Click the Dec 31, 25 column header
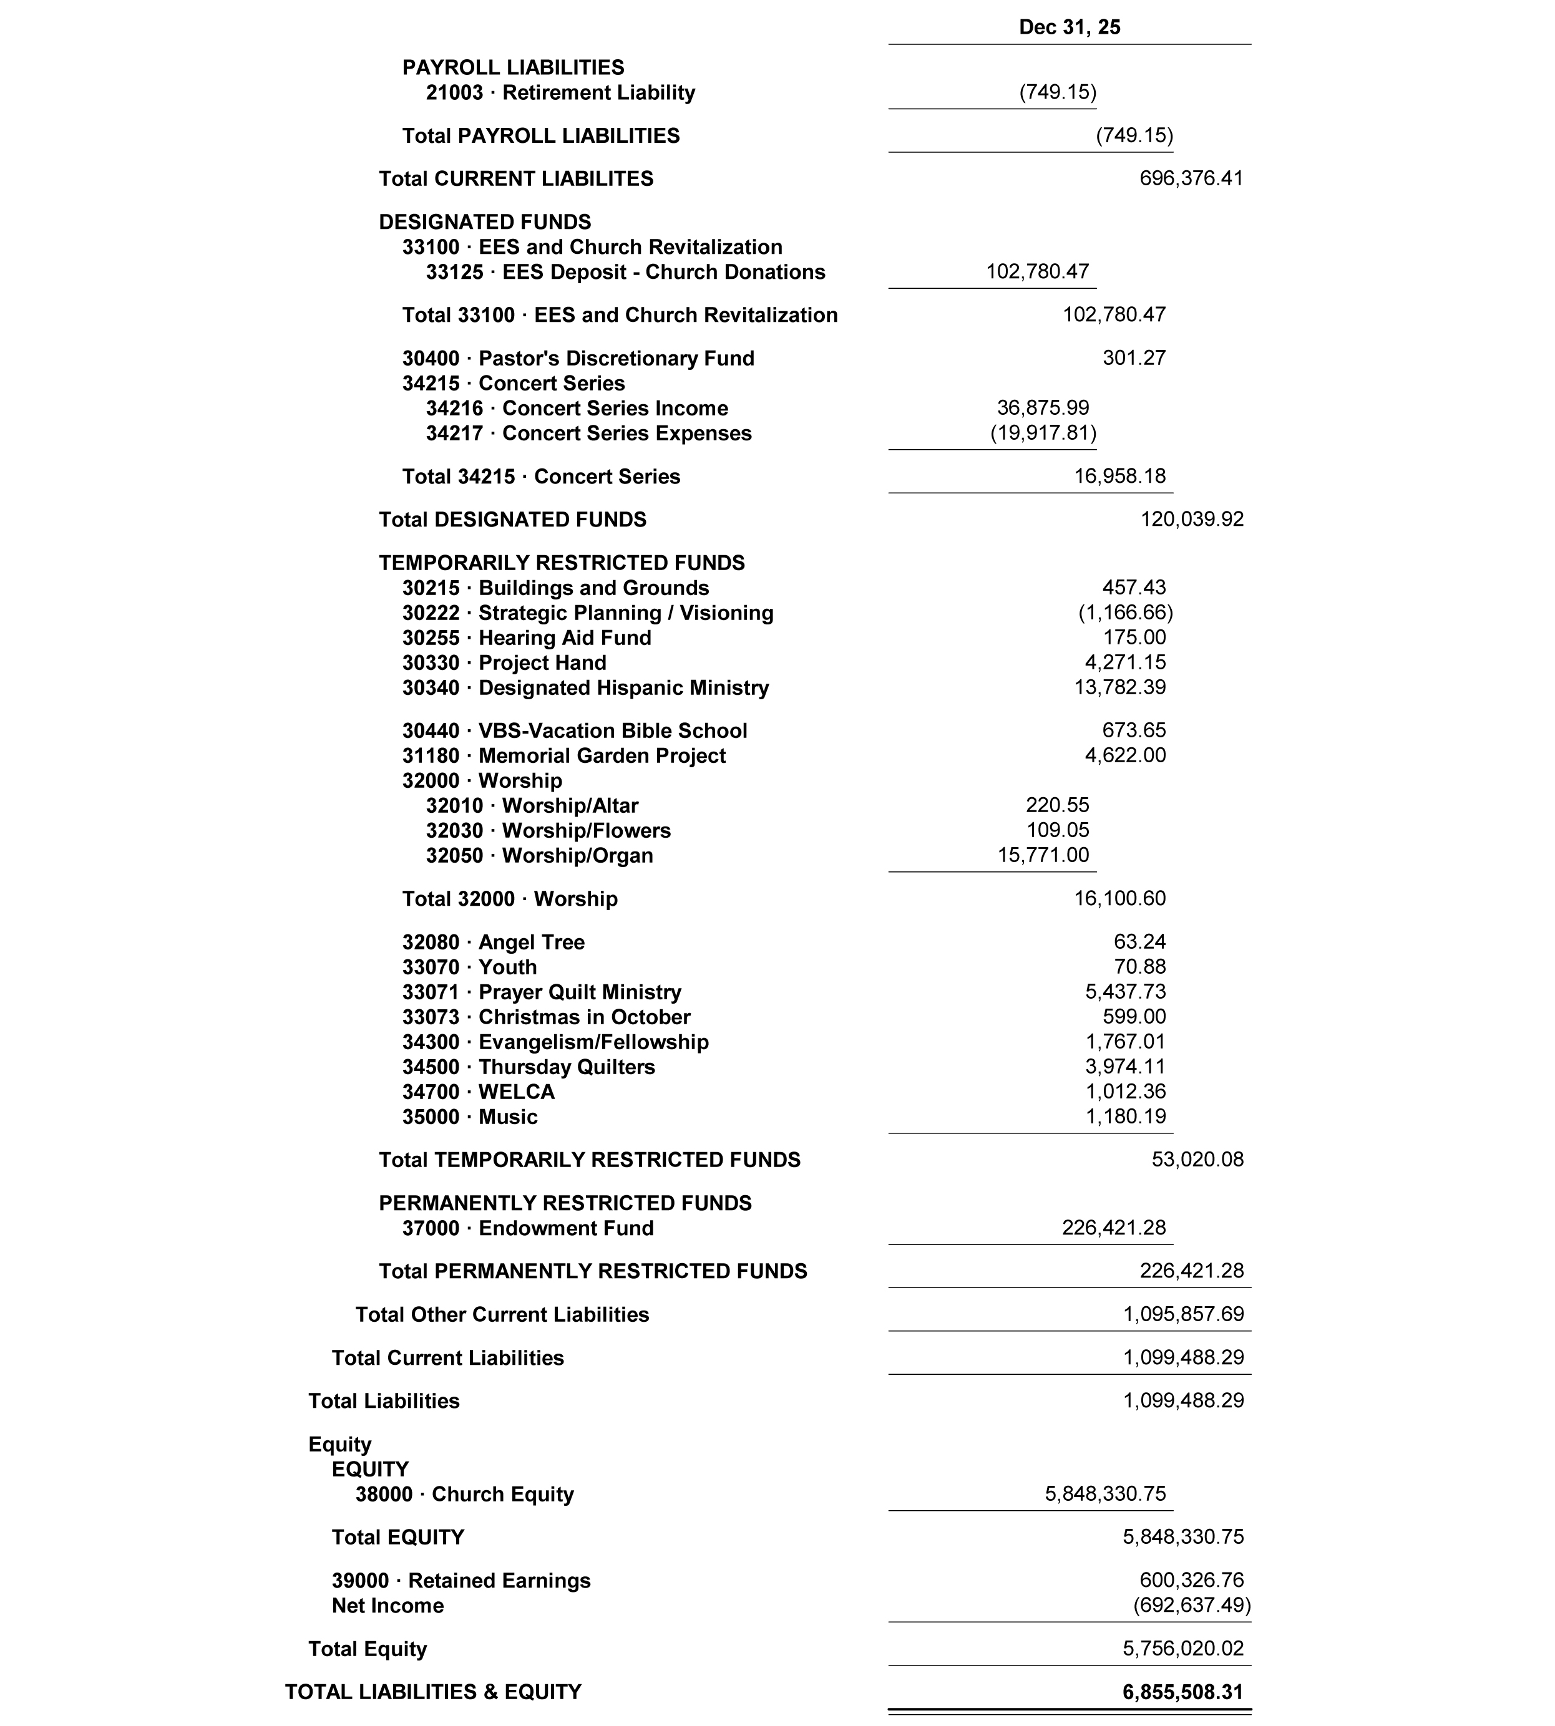(1069, 27)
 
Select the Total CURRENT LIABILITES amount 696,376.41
(1191, 178)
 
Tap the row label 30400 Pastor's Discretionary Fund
(578, 359)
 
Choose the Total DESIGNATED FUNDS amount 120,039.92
(1192, 519)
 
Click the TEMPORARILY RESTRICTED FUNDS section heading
(562, 563)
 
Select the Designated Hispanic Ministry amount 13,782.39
(1119, 687)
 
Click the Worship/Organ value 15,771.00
(1043, 856)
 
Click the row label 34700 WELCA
(479, 1092)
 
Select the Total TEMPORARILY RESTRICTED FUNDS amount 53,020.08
(1197, 1160)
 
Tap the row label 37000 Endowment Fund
(527, 1228)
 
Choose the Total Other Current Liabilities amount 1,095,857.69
(1183, 1314)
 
